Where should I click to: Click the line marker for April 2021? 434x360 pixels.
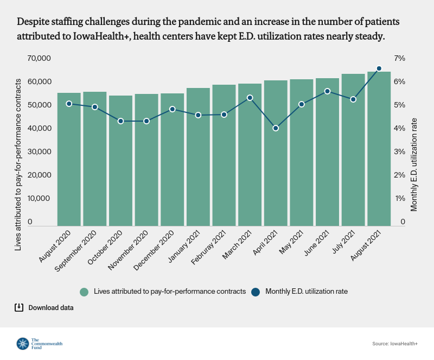(x=276, y=128)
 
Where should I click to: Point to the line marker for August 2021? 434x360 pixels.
(x=379, y=68)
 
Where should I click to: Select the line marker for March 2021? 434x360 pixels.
(x=250, y=98)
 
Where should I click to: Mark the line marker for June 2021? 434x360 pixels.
(x=327, y=91)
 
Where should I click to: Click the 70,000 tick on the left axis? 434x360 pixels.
(x=39, y=58)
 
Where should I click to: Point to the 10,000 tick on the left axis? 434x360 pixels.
(x=39, y=198)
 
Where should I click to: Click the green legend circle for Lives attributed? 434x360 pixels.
(x=84, y=292)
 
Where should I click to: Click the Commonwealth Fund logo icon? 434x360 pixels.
(x=23, y=344)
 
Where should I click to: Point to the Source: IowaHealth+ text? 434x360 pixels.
(x=395, y=344)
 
